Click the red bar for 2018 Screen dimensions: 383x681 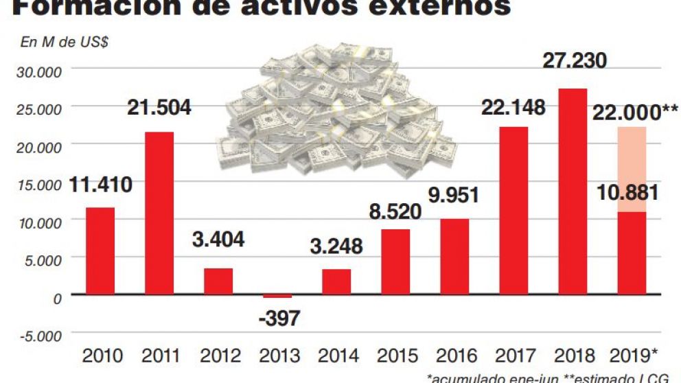coord(572,191)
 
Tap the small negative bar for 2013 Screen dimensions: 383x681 coord(277,296)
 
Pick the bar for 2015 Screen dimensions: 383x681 coord(395,262)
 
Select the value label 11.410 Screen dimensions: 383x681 coord(100,185)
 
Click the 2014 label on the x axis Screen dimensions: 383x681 coord(338,356)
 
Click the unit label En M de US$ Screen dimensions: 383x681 coord(64,43)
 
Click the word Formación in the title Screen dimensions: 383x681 coord(89,7)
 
